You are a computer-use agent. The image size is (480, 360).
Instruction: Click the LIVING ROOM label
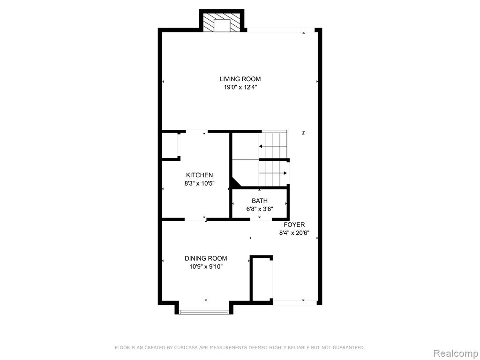(240, 79)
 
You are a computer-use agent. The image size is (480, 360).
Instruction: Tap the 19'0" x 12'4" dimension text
(240, 88)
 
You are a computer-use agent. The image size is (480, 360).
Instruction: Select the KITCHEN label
(199, 175)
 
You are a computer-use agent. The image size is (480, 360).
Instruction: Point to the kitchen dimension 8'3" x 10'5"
(199, 184)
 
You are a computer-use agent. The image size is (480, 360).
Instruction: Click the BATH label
(260, 201)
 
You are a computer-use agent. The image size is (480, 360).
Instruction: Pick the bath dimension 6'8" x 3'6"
(260, 210)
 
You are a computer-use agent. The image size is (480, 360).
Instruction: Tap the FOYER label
(294, 225)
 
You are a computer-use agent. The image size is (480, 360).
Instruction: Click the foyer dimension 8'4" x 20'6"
(294, 233)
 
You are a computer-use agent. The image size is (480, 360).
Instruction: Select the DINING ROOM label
(206, 258)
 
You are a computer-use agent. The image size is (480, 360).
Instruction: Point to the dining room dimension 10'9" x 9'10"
(206, 267)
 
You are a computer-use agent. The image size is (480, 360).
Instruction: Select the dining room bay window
(204, 312)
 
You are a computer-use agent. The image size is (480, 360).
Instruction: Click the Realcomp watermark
(455, 353)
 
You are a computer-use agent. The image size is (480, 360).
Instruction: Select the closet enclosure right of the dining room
(261, 278)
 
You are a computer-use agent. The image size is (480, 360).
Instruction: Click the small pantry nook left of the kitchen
(170, 146)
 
